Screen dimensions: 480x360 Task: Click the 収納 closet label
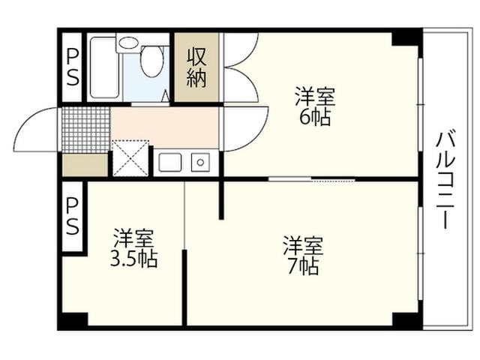tap(196, 67)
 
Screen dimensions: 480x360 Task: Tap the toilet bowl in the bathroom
tap(151, 61)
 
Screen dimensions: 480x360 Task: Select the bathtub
tap(105, 67)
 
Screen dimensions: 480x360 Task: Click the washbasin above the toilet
tap(128, 43)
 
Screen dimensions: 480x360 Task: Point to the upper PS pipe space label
tap(72, 67)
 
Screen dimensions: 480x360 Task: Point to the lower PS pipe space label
tap(73, 217)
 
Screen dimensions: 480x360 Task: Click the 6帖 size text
tap(315, 117)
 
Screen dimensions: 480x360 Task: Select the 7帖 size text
tap(303, 267)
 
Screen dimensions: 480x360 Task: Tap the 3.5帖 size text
tap(133, 260)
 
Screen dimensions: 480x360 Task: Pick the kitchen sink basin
tap(170, 162)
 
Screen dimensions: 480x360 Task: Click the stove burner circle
tap(200, 162)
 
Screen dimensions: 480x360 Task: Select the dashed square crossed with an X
tap(130, 158)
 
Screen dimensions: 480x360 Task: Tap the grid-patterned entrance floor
tap(85, 130)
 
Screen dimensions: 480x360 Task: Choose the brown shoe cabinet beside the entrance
tap(85, 165)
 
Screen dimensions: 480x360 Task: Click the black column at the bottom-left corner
tap(73, 319)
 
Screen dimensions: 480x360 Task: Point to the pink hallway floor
tap(165, 127)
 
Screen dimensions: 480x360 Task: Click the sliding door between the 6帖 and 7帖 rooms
tap(312, 178)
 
